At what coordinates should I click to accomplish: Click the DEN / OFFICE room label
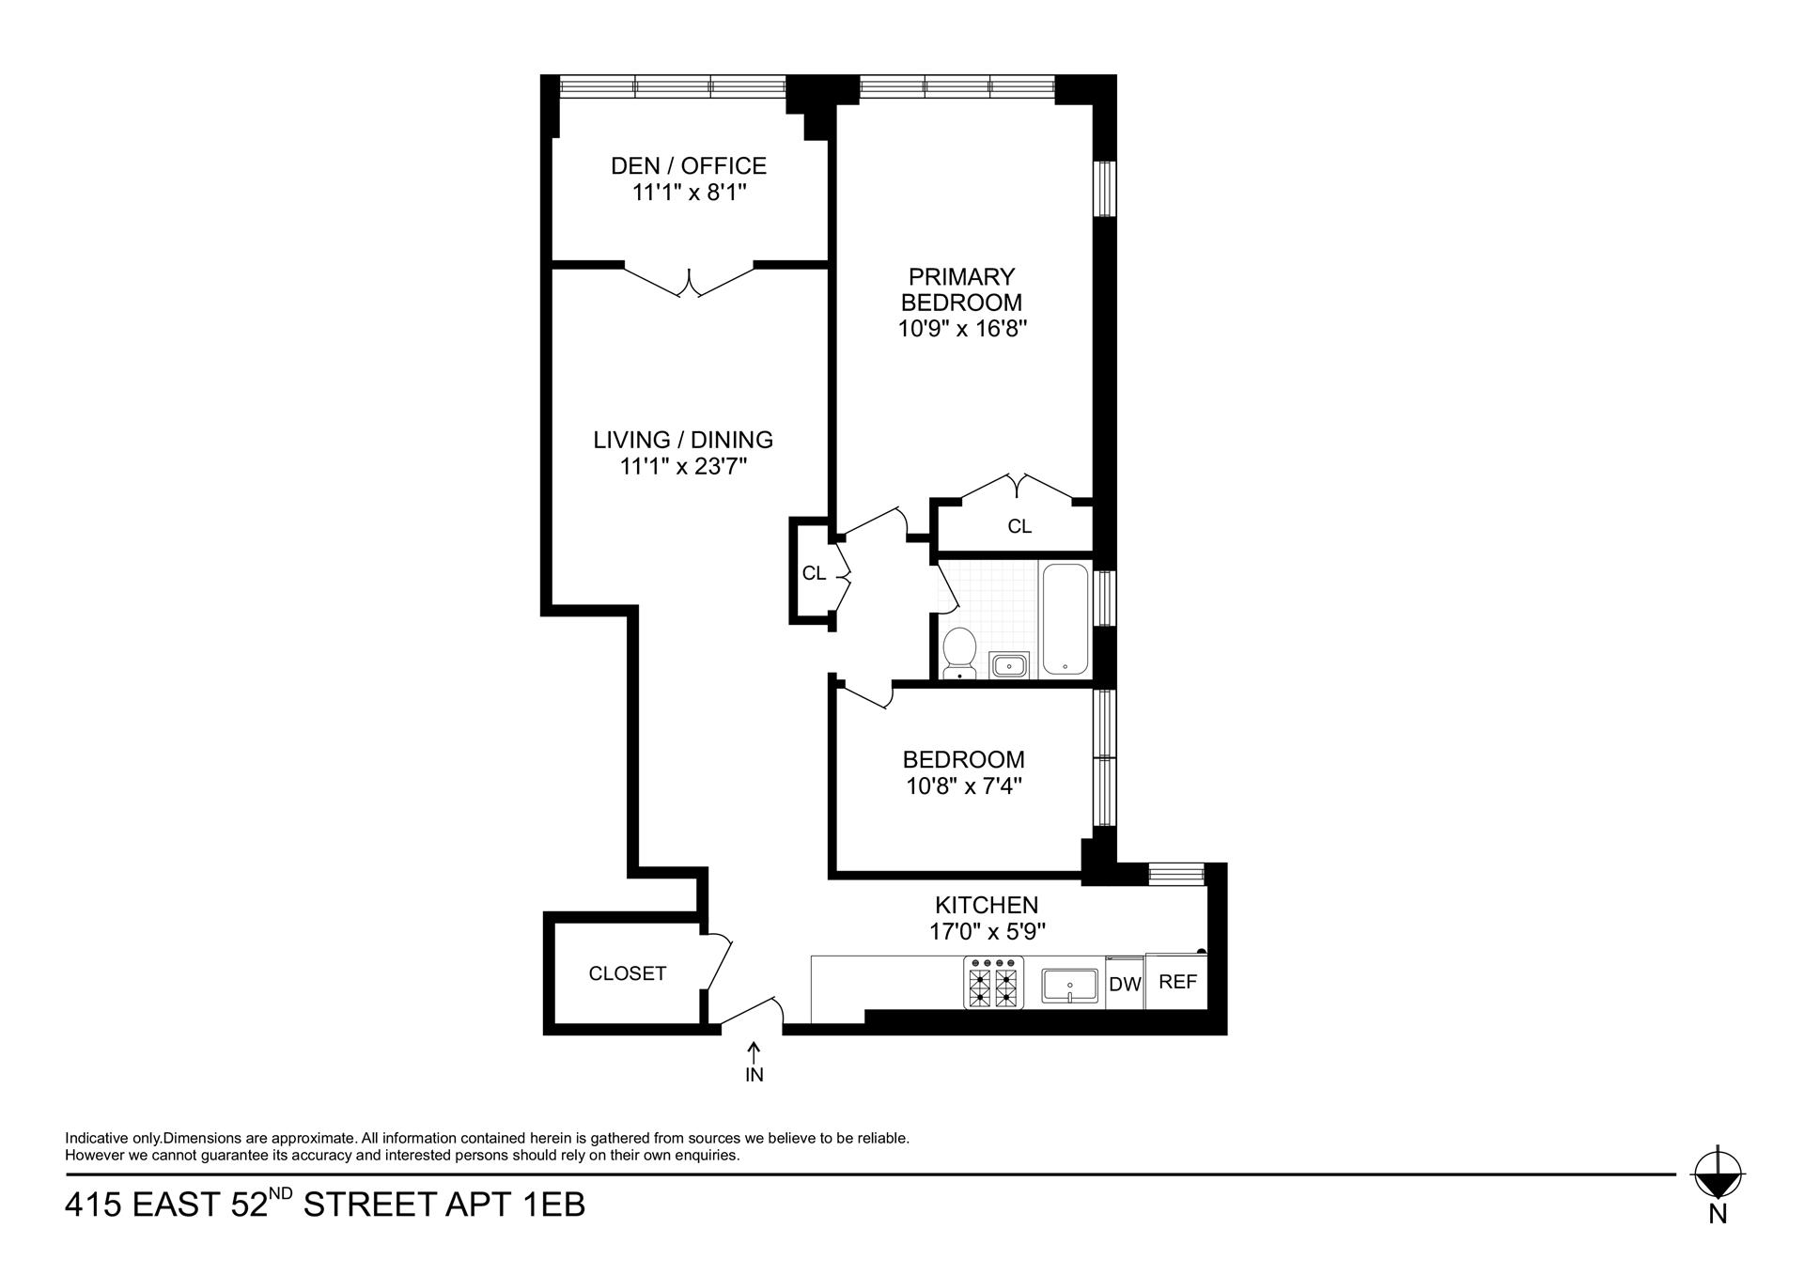(x=688, y=166)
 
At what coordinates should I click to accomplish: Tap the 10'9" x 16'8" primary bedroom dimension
(x=962, y=329)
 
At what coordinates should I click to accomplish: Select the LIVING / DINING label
(x=683, y=440)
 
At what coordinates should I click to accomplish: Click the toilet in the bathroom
(x=959, y=651)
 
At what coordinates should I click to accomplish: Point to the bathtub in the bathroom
(x=1065, y=618)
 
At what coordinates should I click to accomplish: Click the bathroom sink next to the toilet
(x=1009, y=665)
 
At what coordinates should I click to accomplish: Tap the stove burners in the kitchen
(x=993, y=983)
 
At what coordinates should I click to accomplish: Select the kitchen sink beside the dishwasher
(x=1069, y=987)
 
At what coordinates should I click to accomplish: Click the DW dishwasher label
(x=1125, y=985)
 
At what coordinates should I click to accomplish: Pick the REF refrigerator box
(x=1177, y=982)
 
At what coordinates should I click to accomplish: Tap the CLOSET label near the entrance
(x=627, y=974)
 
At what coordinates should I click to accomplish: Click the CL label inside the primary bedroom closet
(x=1019, y=527)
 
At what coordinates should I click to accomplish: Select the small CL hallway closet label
(x=814, y=573)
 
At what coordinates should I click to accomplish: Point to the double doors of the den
(x=690, y=281)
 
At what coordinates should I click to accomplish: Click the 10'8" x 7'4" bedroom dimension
(x=963, y=785)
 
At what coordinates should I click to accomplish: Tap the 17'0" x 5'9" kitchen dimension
(x=986, y=931)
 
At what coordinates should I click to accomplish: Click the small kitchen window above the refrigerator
(x=1176, y=875)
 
